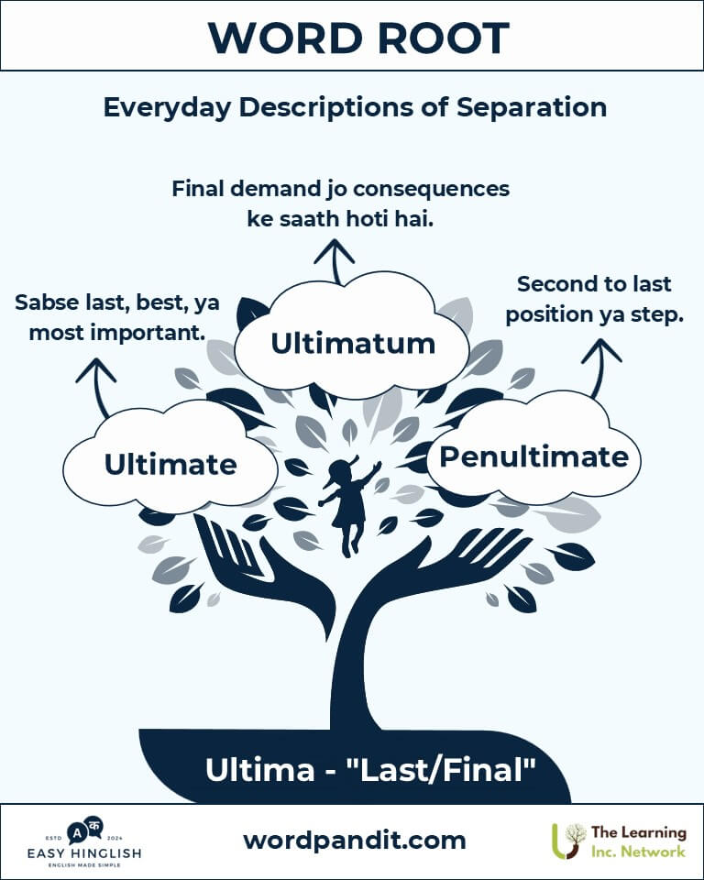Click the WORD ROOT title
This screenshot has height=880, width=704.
tap(358, 38)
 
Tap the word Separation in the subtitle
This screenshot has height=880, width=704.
tap(531, 107)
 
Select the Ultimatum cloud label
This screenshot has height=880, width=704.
tap(353, 344)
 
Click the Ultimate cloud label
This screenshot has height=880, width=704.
tap(170, 464)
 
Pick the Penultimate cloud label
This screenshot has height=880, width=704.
tap(533, 456)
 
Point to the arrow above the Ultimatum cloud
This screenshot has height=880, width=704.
tap(335, 261)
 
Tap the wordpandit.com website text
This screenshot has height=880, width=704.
tap(354, 841)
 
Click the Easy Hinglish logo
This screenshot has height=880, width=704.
tap(84, 841)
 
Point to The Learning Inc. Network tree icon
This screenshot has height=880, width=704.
tap(567, 841)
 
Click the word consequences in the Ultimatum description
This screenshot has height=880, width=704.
tap(431, 189)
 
